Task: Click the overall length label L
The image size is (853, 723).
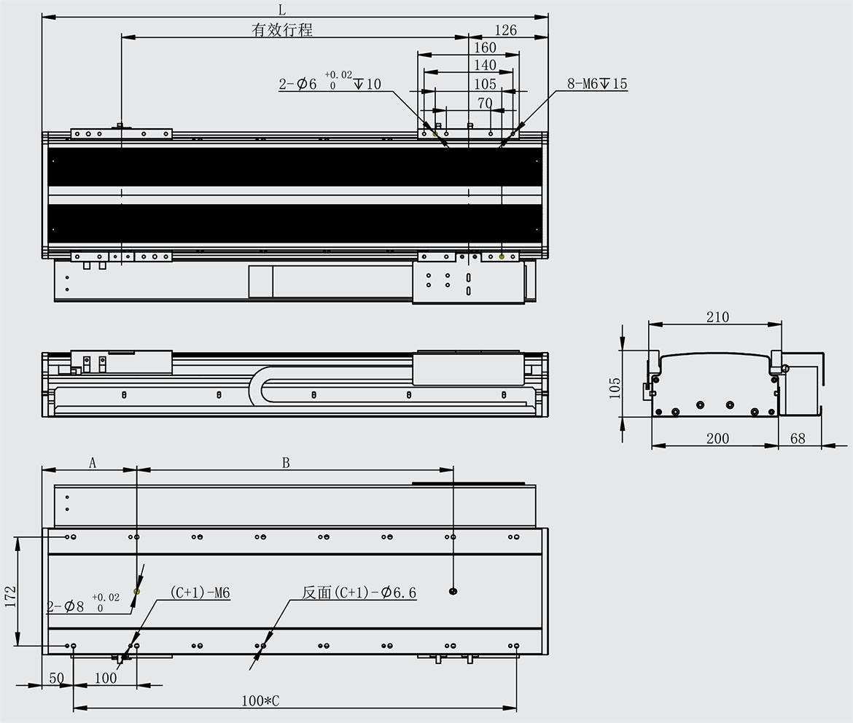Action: coord(282,9)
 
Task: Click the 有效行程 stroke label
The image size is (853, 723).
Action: coord(282,29)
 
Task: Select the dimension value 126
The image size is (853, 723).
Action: coord(505,30)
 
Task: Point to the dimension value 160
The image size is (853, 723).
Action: coord(485,47)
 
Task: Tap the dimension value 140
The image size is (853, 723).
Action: coord(485,66)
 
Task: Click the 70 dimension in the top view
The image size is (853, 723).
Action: coord(485,103)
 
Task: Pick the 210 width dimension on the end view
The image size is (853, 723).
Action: coord(717,316)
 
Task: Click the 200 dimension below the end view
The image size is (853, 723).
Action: coord(717,439)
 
